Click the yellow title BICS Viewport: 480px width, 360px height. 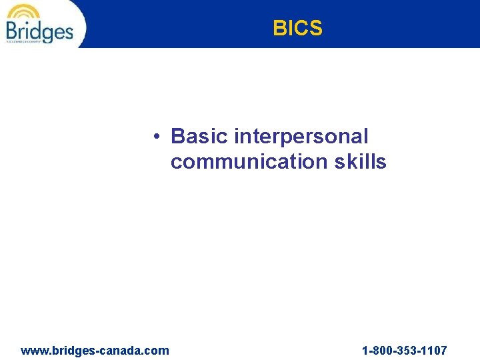pyautogui.click(x=297, y=29)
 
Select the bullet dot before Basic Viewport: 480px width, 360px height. pyautogui.click(x=154, y=137)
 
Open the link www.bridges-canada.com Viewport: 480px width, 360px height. pyautogui.click(x=95, y=350)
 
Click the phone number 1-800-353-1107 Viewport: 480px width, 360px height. pyautogui.click(x=404, y=350)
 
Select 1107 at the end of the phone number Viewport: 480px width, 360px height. pyautogui.click(x=433, y=350)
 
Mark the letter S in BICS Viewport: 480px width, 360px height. pyautogui.click(x=315, y=29)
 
